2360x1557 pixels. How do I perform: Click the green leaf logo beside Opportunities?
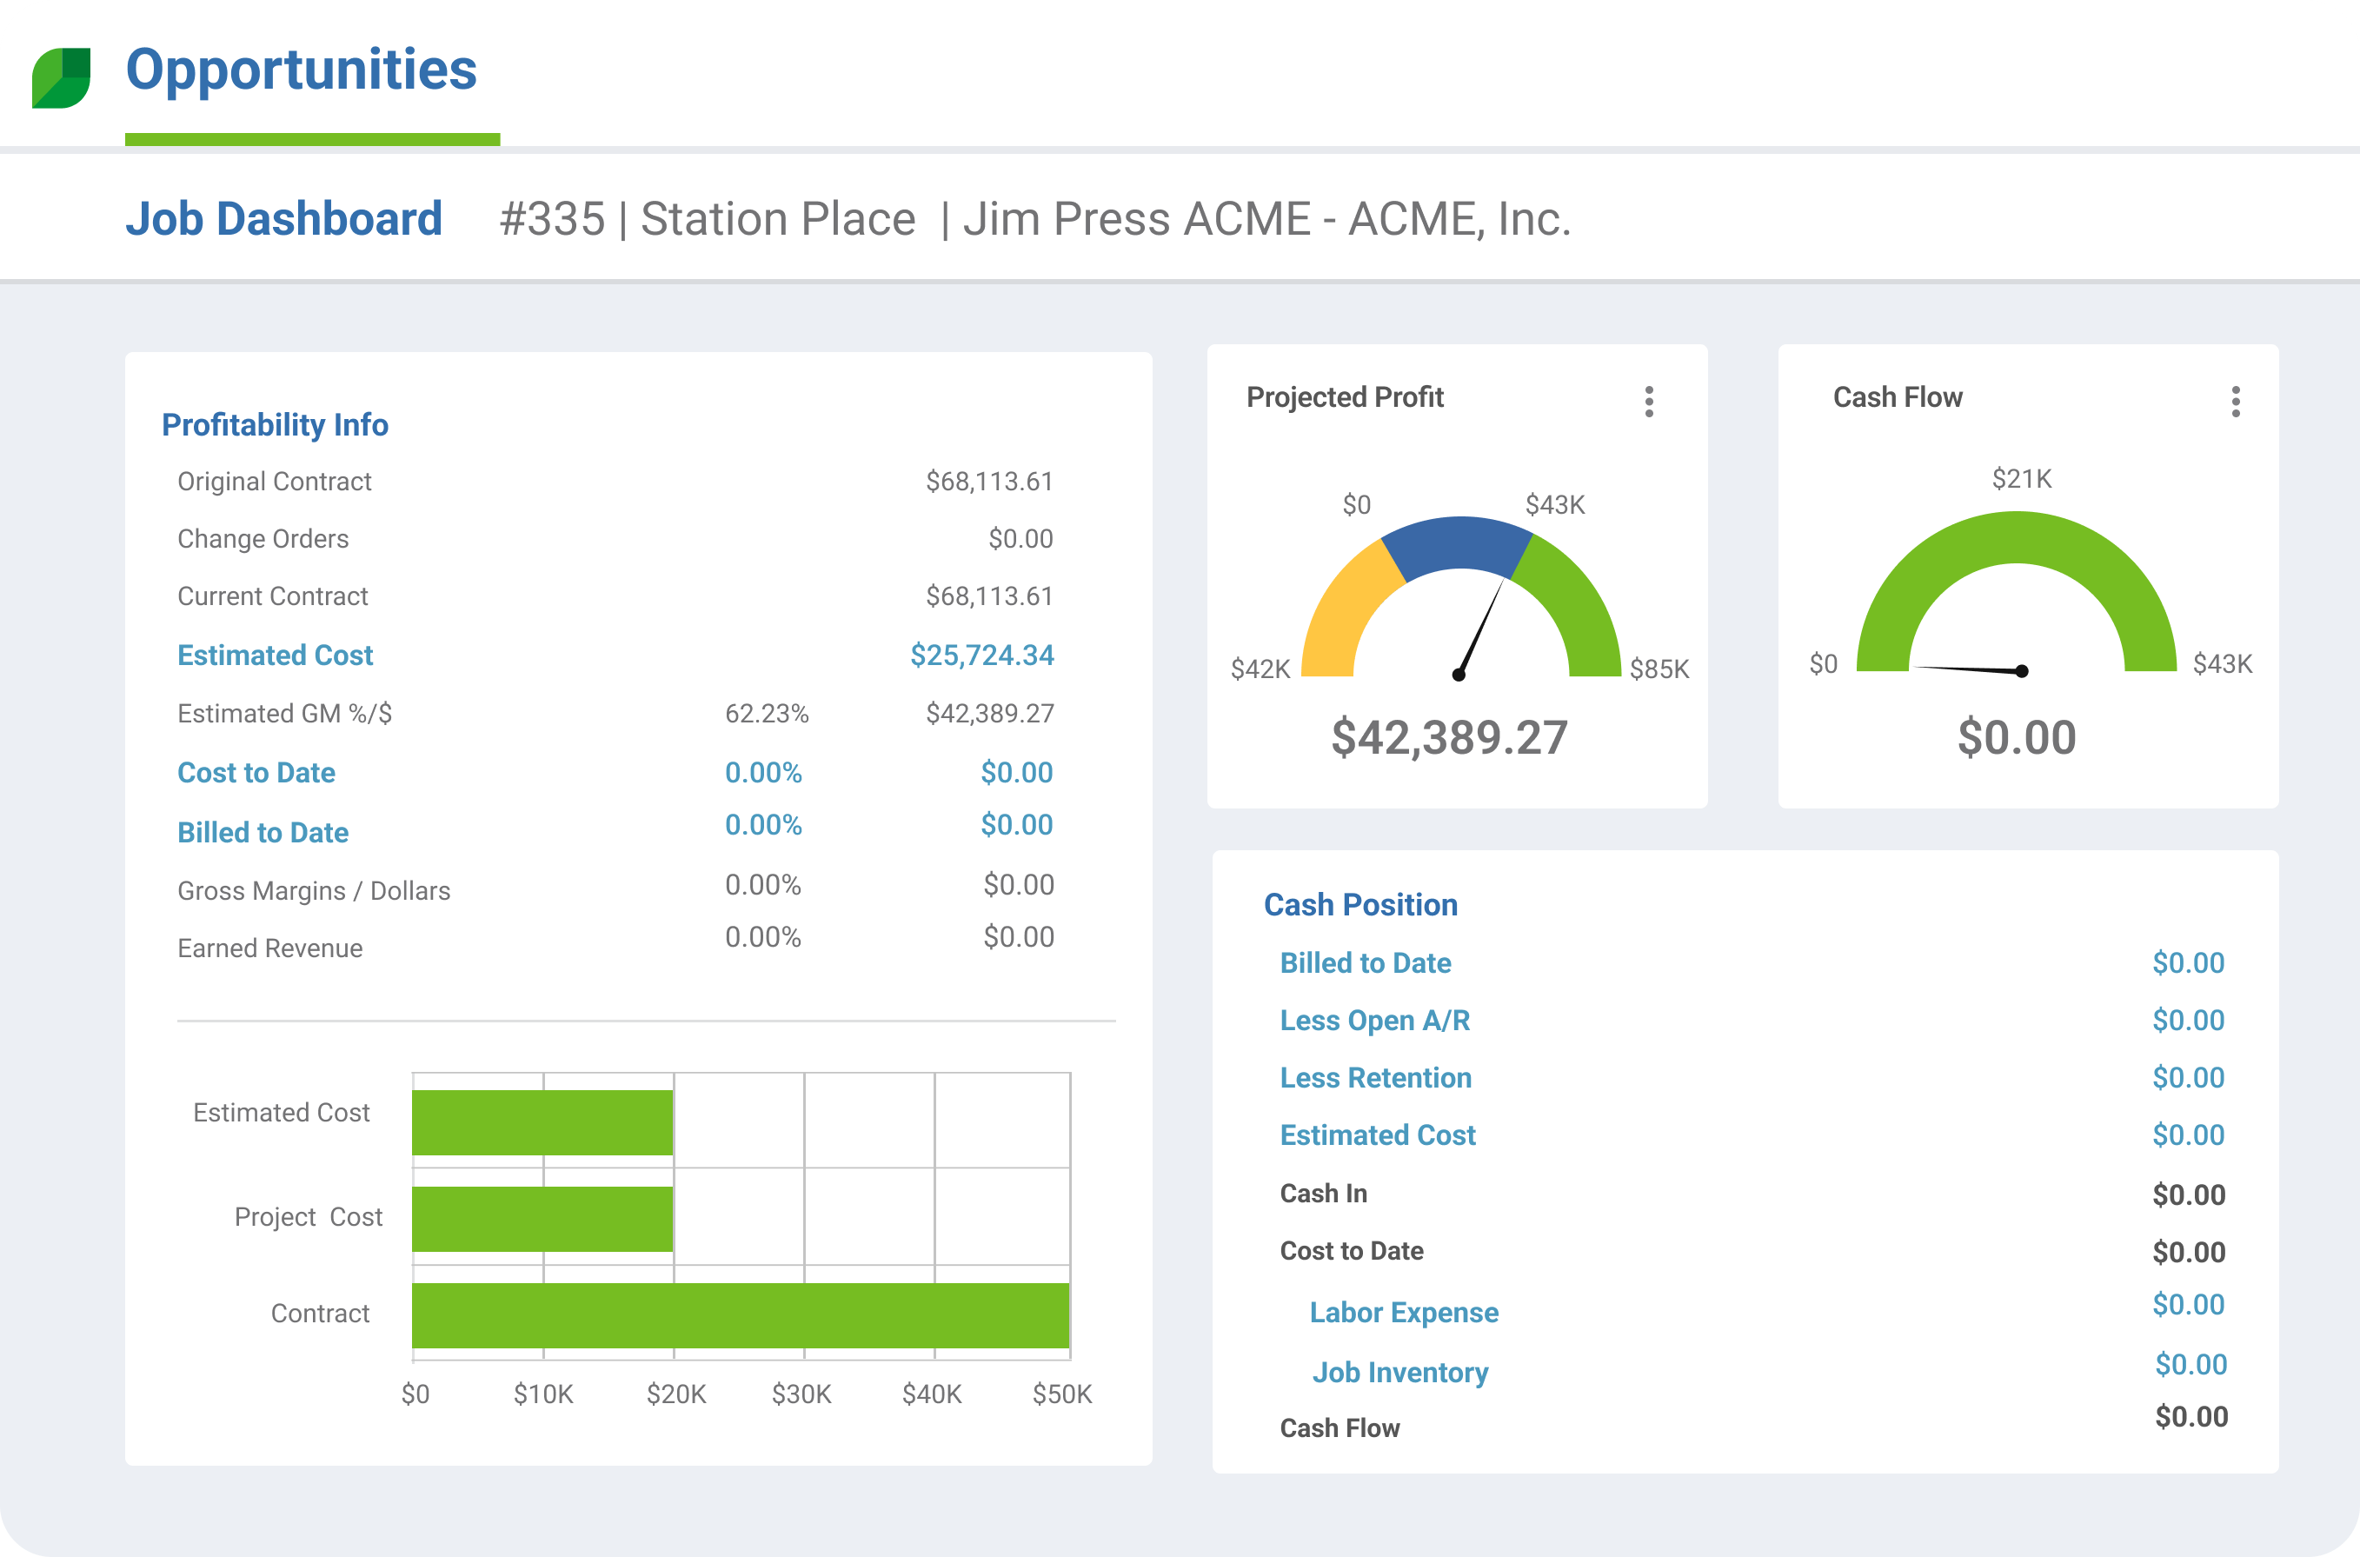(x=62, y=77)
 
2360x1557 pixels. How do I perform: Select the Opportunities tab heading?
(x=301, y=70)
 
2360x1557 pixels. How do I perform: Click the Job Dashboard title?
(x=284, y=218)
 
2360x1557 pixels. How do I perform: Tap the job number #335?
(x=552, y=218)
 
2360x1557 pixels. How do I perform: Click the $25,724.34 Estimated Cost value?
(x=982, y=655)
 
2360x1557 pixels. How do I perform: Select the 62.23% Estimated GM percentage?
(x=767, y=714)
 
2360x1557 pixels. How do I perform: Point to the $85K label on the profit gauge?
(x=1659, y=669)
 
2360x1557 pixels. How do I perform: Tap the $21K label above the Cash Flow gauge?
(x=2022, y=480)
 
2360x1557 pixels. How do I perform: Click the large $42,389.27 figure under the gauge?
(x=1450, y=738)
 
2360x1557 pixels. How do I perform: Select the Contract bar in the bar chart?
(x=741, y=1314)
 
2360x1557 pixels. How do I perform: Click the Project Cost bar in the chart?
(x=542, y=1219)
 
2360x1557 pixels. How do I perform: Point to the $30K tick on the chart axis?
(x=802, y=1394)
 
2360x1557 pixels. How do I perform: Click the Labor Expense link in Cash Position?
(x=1403, y=1313)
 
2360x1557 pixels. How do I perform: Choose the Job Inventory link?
(x=1399, y=1373)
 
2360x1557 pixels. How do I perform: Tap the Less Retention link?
(x=1375, y=1077)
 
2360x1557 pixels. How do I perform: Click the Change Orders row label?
(x=263, y=539)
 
